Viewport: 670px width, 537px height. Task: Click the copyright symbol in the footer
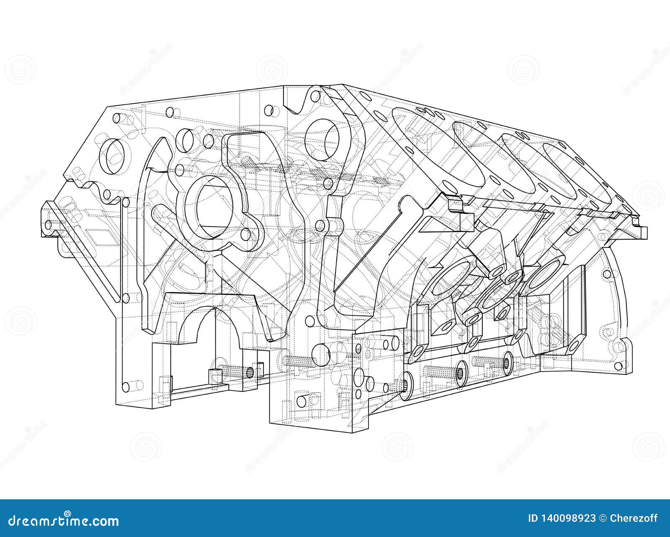[x=602, y=519]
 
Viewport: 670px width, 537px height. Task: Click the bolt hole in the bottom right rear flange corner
[x=619, y=348]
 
